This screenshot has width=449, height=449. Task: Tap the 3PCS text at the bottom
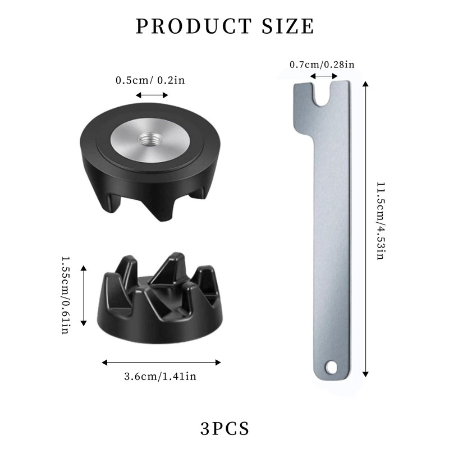pos(224,429)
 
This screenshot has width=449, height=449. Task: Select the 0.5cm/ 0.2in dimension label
pos(150,80)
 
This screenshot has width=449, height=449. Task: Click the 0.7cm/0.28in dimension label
pos(322,65)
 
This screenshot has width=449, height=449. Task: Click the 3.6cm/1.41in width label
pos(160,376)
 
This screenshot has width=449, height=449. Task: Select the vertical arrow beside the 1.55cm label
pos(84,296)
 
